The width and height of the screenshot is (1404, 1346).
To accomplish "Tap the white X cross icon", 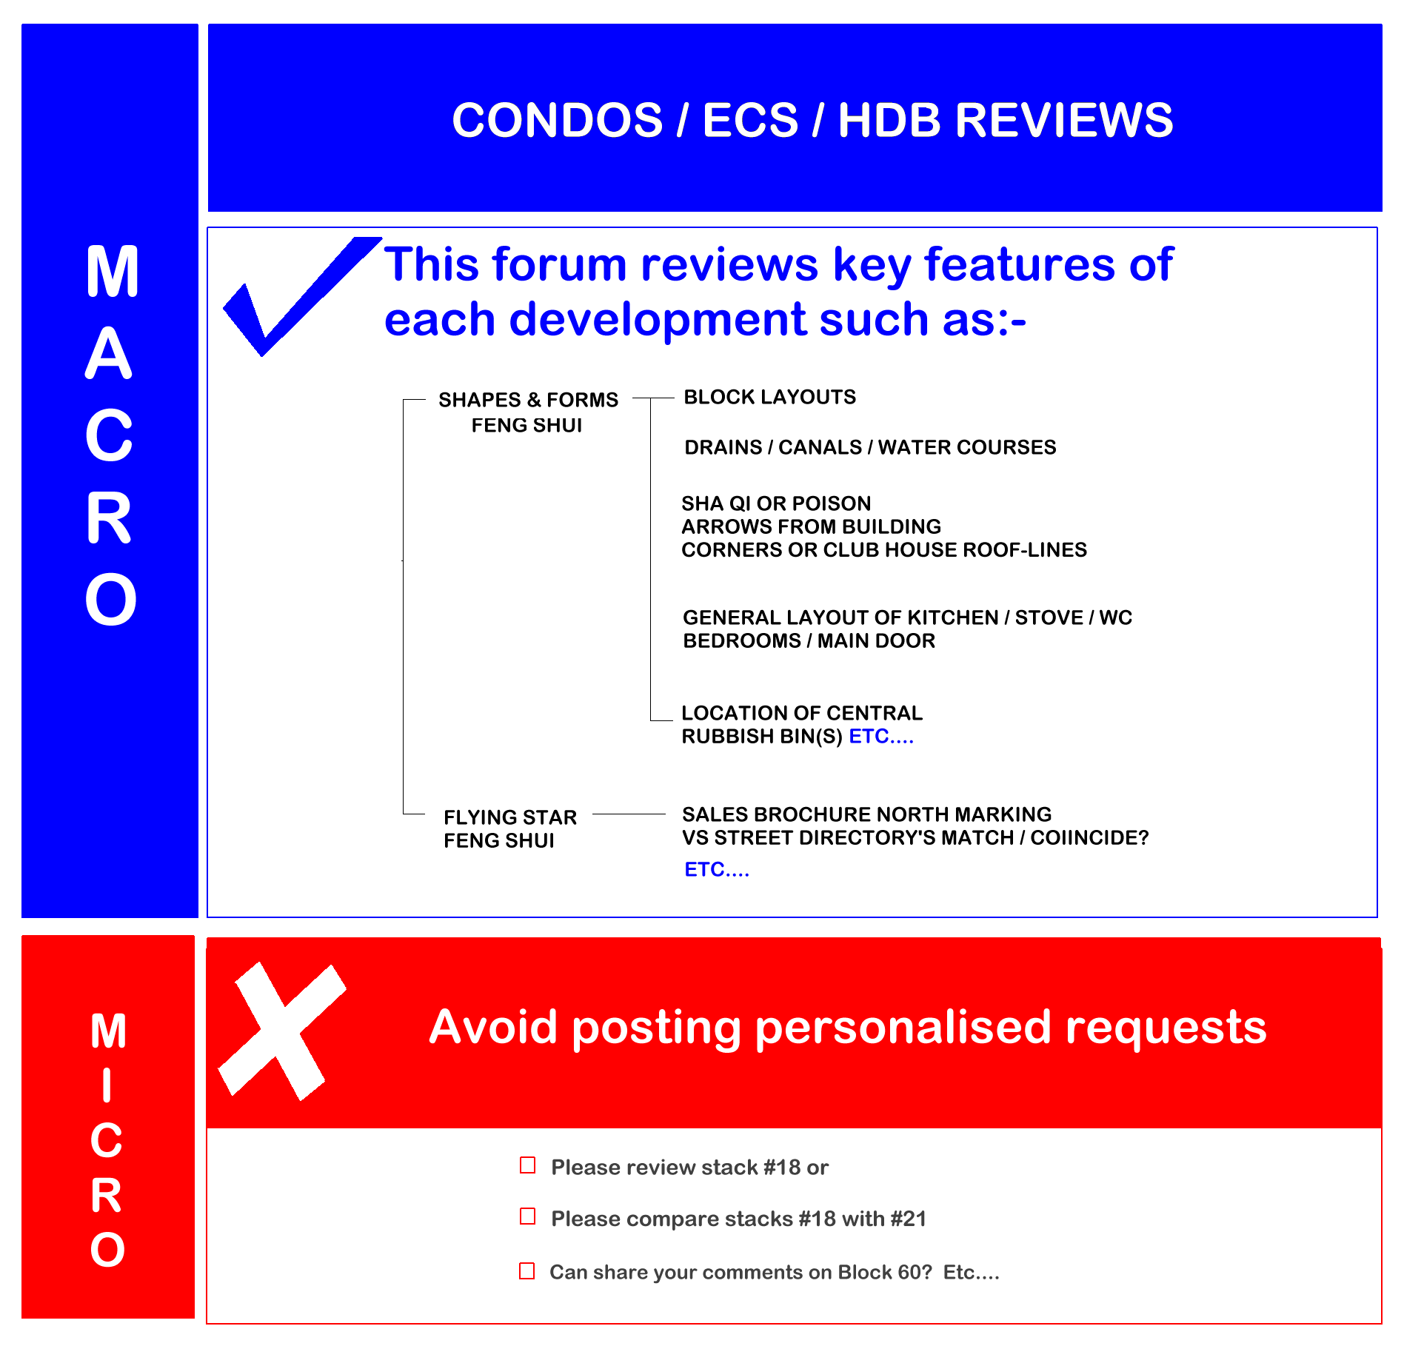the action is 281,1031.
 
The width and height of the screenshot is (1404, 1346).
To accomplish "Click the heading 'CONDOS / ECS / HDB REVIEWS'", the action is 812,120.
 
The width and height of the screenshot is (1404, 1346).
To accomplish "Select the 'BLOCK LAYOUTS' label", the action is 769,398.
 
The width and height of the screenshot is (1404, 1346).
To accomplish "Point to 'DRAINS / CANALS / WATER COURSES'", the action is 870,447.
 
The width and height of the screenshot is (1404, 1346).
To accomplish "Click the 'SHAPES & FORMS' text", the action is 528,400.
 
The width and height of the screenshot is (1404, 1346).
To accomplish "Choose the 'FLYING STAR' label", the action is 510,817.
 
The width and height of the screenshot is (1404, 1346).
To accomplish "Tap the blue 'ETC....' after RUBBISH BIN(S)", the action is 881,737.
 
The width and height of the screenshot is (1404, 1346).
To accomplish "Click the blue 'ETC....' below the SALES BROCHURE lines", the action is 717,869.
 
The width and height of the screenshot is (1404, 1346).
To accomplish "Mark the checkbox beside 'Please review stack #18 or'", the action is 528,1165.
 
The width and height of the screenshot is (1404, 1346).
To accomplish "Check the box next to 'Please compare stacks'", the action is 528,1216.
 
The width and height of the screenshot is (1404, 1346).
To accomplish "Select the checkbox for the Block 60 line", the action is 527,1271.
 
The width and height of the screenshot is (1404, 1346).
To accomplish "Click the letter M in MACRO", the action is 112,272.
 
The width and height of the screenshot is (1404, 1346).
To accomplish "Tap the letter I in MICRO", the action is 107,1085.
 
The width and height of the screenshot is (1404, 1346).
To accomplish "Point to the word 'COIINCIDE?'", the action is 1089,837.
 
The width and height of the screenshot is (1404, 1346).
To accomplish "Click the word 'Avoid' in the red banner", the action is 493,1027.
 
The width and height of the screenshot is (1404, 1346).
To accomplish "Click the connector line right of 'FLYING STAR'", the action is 629,814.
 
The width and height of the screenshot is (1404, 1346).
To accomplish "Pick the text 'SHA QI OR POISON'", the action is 776,503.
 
